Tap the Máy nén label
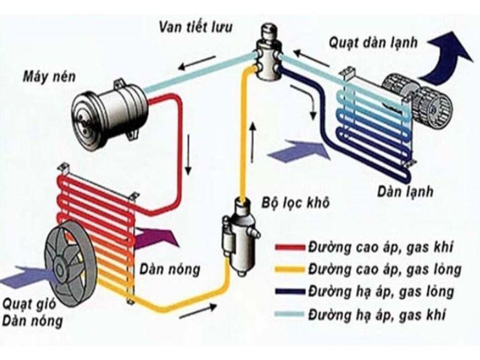49,77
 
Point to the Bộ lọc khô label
294,203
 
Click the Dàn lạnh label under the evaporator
405,192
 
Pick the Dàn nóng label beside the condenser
169,270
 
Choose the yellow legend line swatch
290,270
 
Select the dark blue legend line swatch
290,292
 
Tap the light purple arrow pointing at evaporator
300,151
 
